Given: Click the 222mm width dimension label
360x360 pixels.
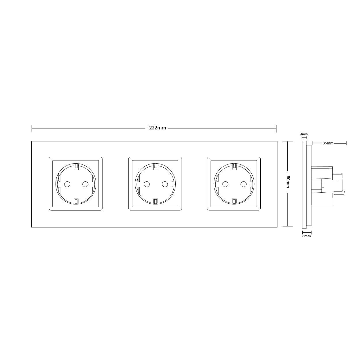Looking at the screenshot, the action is [158, 128].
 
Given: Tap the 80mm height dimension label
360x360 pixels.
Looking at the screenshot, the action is [288, 182].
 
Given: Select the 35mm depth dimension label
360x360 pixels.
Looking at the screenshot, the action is [328, 143].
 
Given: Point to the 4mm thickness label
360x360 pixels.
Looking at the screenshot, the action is [304, 134].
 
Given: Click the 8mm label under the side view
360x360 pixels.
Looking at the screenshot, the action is [306, 236].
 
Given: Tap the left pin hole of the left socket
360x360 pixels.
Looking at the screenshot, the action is [67, 184].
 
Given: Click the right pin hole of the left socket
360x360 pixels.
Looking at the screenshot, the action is [85, 184].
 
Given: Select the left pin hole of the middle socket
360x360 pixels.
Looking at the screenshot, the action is [147, 184].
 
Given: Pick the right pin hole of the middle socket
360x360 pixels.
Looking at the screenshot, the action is [165, 184].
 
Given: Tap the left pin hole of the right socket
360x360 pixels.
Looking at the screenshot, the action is [225, 184].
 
